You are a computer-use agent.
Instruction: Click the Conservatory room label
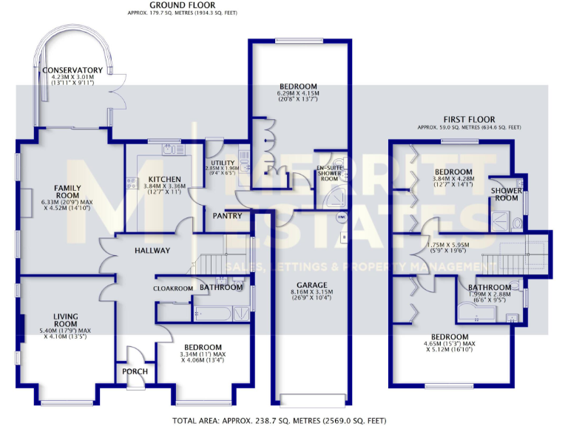pos(72,70)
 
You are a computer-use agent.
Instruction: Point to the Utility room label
pos(223,163)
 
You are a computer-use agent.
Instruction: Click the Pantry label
pos(227,217)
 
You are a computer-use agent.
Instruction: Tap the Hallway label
pos(152,251)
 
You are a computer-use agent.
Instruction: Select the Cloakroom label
pos(173,288)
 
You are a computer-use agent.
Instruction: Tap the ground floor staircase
pos(216,263)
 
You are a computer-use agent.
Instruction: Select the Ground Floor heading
pos(161,4)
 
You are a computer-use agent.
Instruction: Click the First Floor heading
pos(469,119)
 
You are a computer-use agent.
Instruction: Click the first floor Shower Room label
pos(505,193)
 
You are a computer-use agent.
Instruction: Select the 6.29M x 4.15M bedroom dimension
pos(297,94)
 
